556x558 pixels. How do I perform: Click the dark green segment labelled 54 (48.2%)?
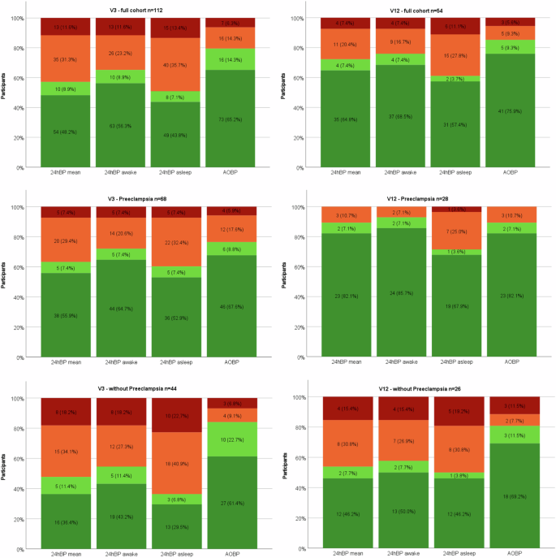(66, 131)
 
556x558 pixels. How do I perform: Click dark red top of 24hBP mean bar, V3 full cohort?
(66, 26)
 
